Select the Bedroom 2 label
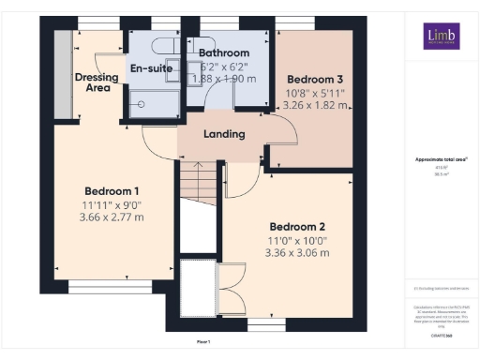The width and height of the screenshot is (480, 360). pyautogui.click(x=297, y=227)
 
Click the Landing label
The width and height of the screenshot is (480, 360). pyautogui.click(x=224, y=134)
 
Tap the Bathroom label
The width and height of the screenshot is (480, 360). pyautogui.click(x=224, y=53)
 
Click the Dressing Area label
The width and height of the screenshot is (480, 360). pyautogui.click(x=93, y=81)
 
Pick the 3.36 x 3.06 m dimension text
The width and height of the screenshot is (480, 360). pyautogui.click(x=297, y=253)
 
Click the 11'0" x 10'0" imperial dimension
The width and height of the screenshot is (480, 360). pyautogui.click(x=297, y=241)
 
